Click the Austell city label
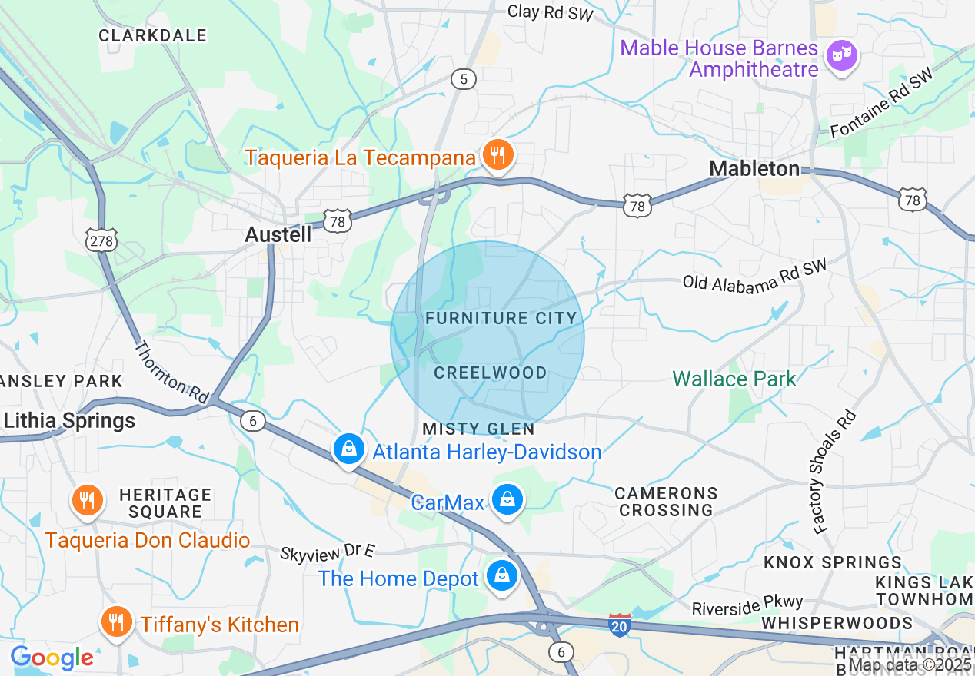click(x=278, y=235)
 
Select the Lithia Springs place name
click(x=69, y=421)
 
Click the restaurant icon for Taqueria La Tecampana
click(x=498, y=156)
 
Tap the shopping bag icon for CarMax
click(x=507, y=499)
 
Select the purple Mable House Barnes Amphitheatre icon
click(x=841, y=55)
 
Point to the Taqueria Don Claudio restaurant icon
click(x=87, y=500)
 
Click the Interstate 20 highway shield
click(x=619, y=625)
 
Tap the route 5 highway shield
click(x=464, y=78)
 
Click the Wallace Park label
click(x=734, y=379)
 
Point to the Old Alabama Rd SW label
click(x=754, y=275)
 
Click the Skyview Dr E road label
click(x=327, y=552)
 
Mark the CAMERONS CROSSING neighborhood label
click(x=666, y=502)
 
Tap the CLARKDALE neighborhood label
click(x=152, y=35)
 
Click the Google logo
click(x=52, y=658)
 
